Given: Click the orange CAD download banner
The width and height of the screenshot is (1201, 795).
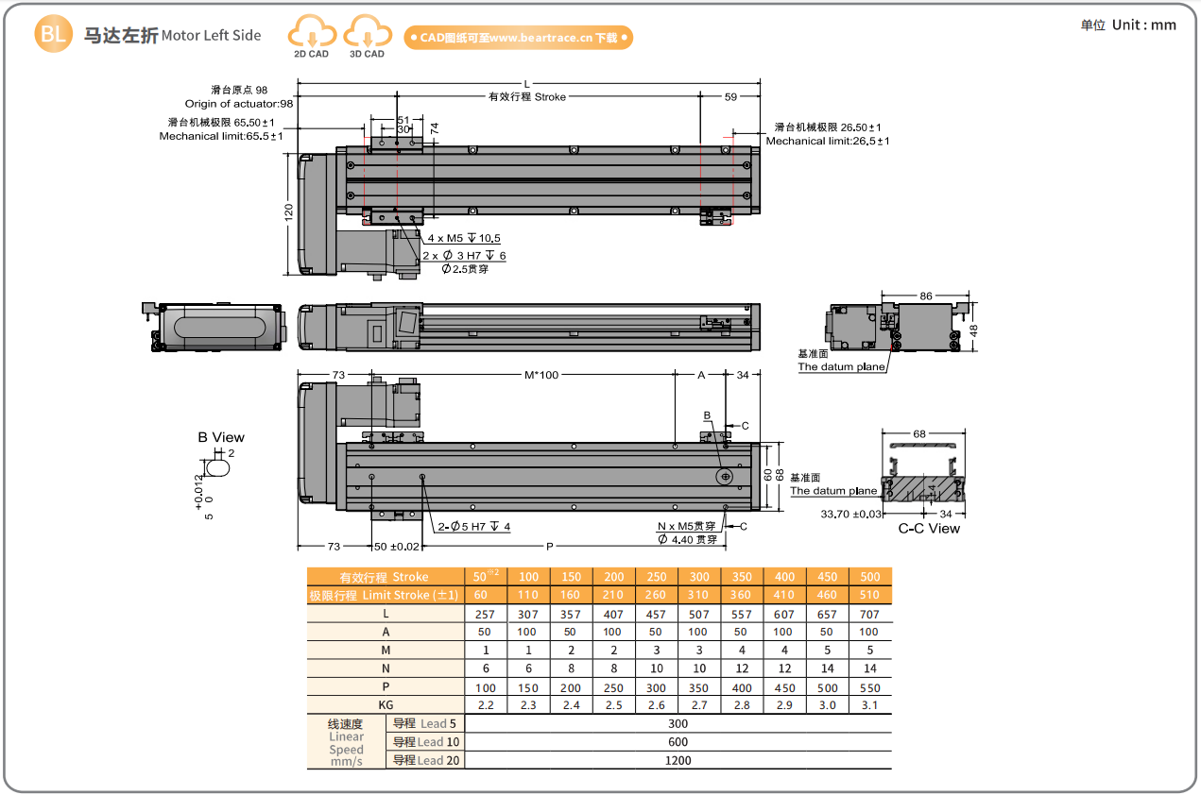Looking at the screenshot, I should (518, 38).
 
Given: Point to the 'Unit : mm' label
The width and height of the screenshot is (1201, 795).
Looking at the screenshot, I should (1128, 25).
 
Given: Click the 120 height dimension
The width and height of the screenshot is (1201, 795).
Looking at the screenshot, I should (289, 213).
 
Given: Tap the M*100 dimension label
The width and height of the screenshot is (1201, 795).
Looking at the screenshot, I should (541, 375).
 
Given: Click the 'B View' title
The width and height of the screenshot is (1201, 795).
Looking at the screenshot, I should (220, 437).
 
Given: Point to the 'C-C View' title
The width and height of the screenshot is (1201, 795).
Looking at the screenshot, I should (928, 529).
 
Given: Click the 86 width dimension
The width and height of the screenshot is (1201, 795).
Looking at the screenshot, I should (925, 296).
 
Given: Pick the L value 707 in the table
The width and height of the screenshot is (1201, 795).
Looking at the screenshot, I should (869, 614).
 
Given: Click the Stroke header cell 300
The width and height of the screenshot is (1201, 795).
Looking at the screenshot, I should (699, 577).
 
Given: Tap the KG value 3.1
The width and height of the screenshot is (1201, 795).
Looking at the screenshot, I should (869, 705).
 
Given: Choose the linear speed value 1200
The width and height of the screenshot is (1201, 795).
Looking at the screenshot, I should (678, 760).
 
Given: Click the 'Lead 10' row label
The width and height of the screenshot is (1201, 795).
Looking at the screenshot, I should (426, 742).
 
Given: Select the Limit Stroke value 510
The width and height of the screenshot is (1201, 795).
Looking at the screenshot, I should (869, 595).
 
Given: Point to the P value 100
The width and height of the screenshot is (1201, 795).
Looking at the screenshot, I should (486, 687).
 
